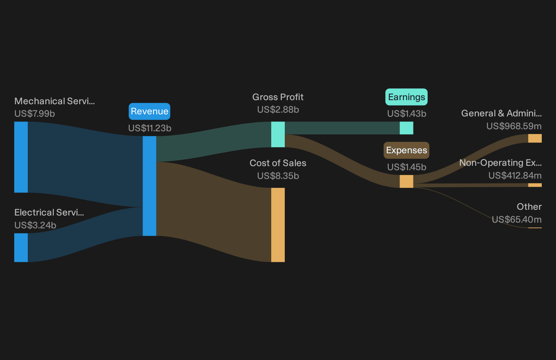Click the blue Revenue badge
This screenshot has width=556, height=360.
[x=149, y=111]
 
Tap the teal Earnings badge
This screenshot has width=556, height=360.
[x=406, y=97]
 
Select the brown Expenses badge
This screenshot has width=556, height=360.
[x=406, y=150]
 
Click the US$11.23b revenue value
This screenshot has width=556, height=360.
[x=150, y=128]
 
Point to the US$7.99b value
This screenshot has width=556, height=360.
[x=35, y=114]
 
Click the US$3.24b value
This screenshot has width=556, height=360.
[x=35, y=225]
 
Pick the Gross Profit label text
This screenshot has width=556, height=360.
[x=278, y=97]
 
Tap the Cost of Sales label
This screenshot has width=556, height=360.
[x=278, y=163]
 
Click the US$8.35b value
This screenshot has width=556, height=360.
[x=278, y=176]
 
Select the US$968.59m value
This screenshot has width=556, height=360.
[x=514, y=126]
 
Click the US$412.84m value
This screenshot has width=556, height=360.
[x=515, y=175]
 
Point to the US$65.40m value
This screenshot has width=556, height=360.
[x=516, y=219]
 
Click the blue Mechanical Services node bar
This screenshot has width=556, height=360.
[x=21, y=157]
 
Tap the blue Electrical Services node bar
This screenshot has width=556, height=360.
[x=21, y=248]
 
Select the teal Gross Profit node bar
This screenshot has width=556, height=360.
[x=278, y=134]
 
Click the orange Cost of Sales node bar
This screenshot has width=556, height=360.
[x=278, y=225]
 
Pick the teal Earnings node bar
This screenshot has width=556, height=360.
[x=406, y=128]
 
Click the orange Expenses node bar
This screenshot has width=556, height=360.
[x=406, y=181]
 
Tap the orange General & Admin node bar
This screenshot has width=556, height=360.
[x=535, y=138]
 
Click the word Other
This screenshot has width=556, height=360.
[x=529, y=207]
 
